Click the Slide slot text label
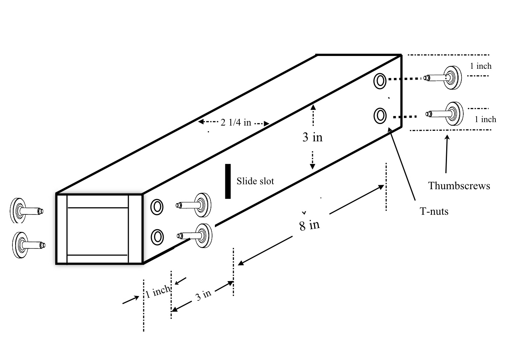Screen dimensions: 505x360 tap(255, 181)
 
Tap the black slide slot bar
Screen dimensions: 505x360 tap(228, 181)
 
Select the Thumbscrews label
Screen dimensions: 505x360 tap(459, 186)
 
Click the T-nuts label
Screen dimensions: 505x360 tap(434, 212)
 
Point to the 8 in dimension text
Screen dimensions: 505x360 tap(310, 225)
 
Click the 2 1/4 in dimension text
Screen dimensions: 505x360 tap(236, 123)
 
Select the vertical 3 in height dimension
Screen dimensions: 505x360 tap(313, 137)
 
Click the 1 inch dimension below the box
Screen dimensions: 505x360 tap(158, 292)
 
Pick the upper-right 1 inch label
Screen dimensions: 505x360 tap(481, 66)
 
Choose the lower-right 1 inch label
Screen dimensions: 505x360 tap(485, 119)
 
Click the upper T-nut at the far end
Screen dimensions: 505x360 tap(380, 81)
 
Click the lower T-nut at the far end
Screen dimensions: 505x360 tap(380, 116)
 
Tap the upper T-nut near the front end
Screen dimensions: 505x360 tap(157, 207)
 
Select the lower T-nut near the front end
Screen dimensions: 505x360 tap(157, 237)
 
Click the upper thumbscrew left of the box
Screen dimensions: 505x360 tap(26, 211)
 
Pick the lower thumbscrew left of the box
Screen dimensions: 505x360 tap(29, 245)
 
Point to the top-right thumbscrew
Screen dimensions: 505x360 tap(443, 78)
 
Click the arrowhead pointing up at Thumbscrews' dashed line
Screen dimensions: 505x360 tap(447, 137)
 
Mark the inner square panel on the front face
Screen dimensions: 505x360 tap(98, 231)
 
